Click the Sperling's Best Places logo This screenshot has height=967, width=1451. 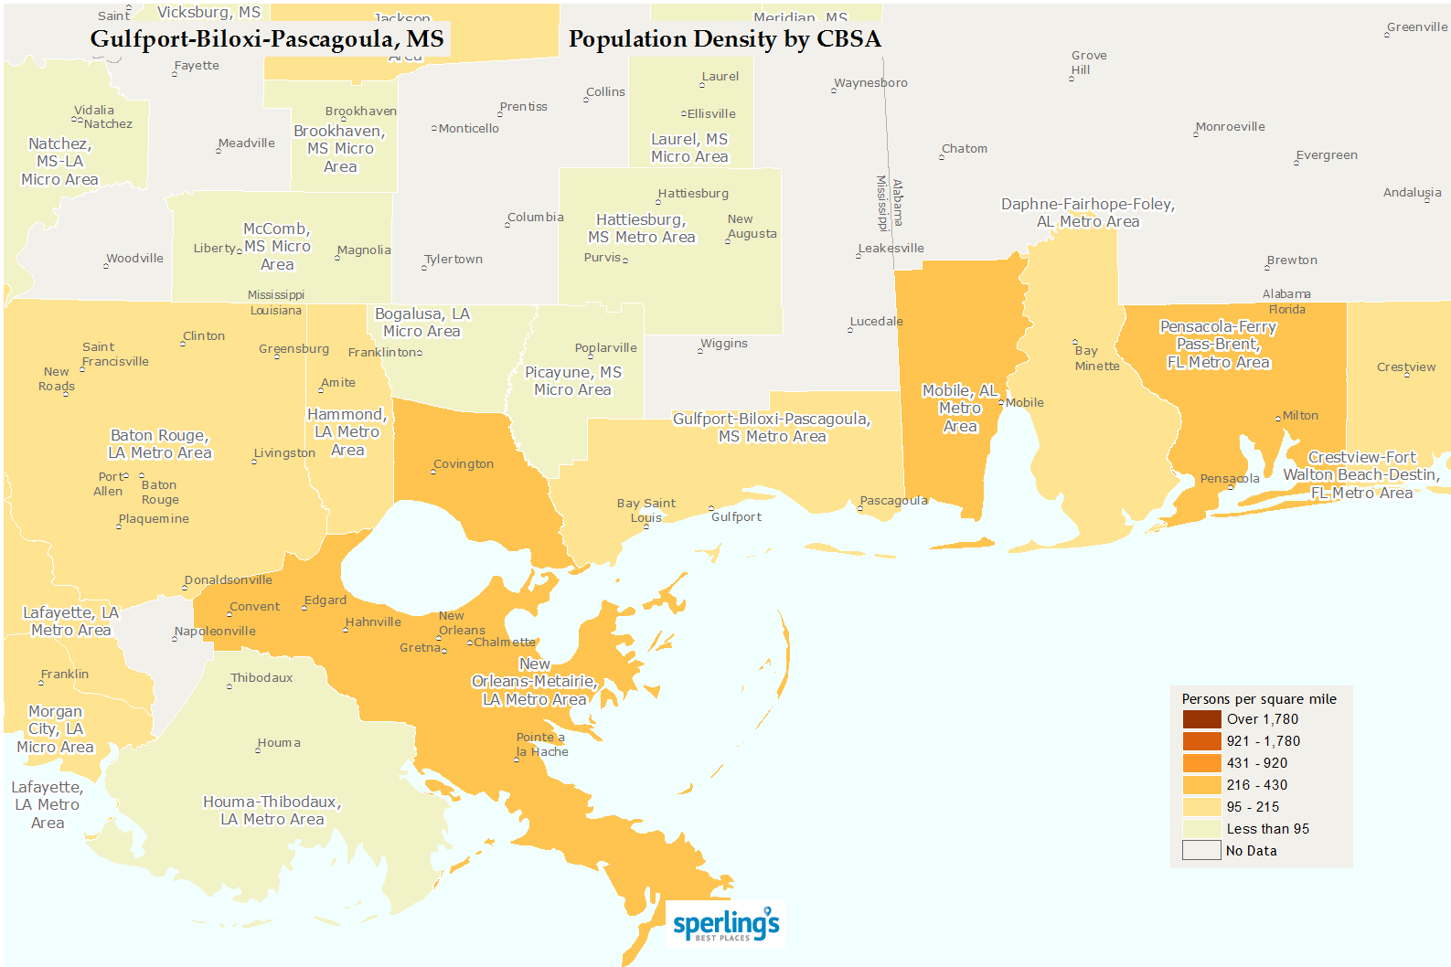(726, 924)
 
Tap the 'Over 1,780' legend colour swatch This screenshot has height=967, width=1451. (1201, 719)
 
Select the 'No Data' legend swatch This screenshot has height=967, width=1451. (1201, 851)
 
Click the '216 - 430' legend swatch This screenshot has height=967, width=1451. (1201, 785)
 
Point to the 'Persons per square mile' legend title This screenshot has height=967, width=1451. (1258, 699)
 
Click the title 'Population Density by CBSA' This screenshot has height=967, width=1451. (724, 39)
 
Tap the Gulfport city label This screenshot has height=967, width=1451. (736, 517)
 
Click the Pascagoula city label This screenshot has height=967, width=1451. (893, 501)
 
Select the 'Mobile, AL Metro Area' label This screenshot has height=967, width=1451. (959, 409)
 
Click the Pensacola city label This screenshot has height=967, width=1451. (1230, 479)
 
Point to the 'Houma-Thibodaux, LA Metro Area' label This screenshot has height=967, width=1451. (272, 811)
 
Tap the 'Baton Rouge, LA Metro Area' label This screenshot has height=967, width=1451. (160, 444)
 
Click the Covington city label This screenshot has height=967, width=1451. (464, 464)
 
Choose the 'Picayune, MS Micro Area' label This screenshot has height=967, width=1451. (573, 381)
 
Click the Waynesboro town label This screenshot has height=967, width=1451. (870, 83)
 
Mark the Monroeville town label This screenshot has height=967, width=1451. (1231, 127)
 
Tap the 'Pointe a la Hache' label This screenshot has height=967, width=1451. (541, 745)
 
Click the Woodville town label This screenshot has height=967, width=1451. (134, 259)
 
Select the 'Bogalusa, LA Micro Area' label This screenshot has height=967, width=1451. (422, 323)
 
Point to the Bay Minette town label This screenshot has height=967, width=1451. (1097, 358)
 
